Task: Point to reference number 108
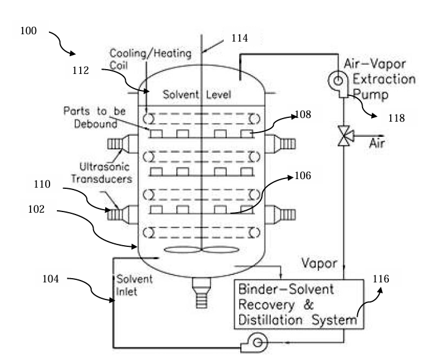[x=303, y=114]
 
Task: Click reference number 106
[x=303, y=177]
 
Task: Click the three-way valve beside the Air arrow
[x=344, y=139]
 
